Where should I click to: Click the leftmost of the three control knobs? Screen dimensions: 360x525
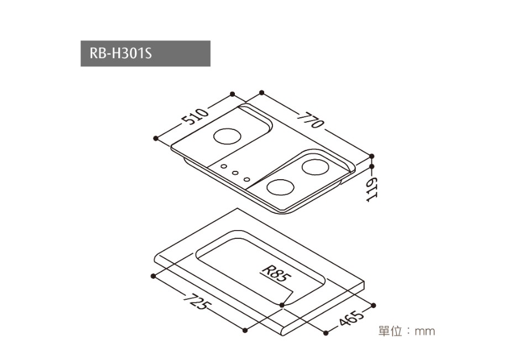click(223, 166)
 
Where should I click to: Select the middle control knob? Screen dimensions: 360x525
click(235, 173)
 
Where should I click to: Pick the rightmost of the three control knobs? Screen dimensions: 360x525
click(246, 179)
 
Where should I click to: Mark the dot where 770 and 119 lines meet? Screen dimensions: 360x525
click(372, 156)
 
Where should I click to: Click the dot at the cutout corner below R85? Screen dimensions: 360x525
click(282, 304)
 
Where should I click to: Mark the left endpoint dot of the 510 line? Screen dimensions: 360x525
click(156, 137)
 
